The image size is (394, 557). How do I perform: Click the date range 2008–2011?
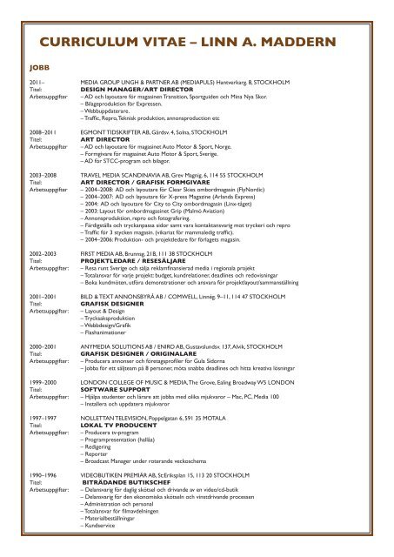point(42,132)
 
